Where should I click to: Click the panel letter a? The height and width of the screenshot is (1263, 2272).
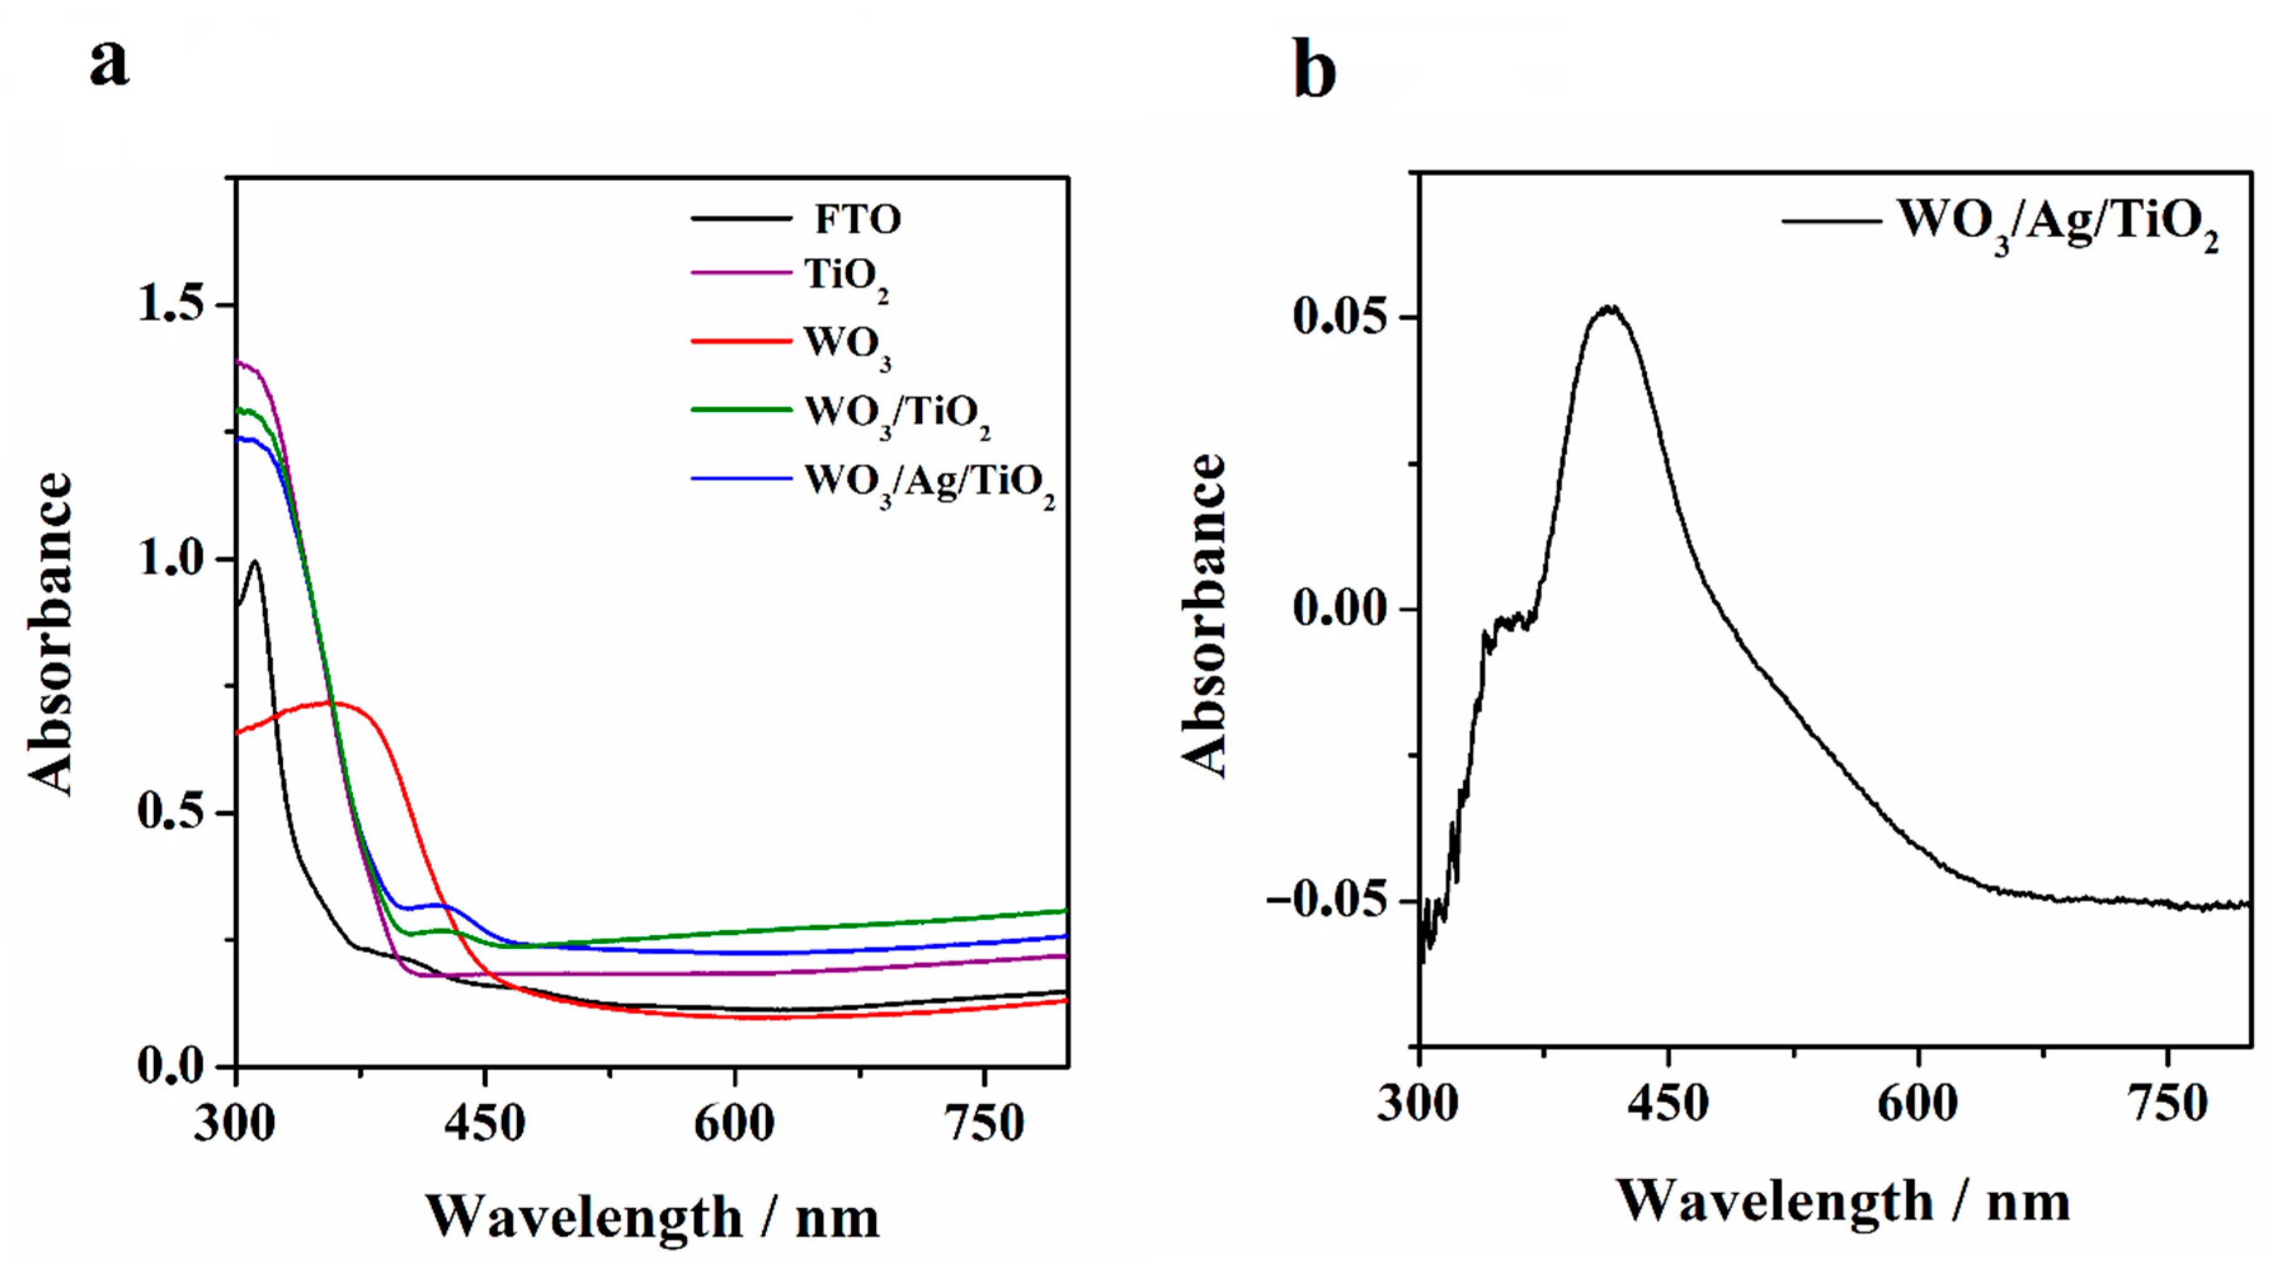(x=110, y=64)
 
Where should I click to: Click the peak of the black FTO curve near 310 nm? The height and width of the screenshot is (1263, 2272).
(x=256, y=561)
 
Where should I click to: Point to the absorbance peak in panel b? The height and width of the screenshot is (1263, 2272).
(x=1611, y=308)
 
